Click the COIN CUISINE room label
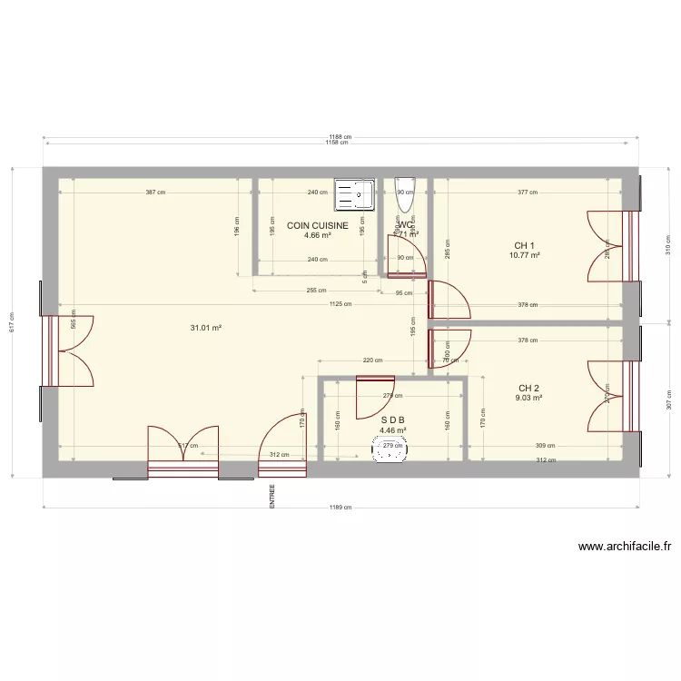pos(318,225)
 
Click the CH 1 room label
pos(525,245)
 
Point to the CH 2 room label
pos(529,387)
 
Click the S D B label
pos(392,420)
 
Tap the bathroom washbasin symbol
pos(392,449)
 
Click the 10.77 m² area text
pos(525,255)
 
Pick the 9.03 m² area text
pos(529,397)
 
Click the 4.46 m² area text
pos(392,430)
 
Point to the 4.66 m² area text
pos(318,235)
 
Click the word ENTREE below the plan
pos(271,496)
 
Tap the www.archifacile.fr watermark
pos(624,547)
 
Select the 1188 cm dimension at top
pos(340,137)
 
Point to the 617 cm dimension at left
pos(12,321)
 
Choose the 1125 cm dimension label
pos(340,305)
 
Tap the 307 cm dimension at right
pos(667,400)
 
